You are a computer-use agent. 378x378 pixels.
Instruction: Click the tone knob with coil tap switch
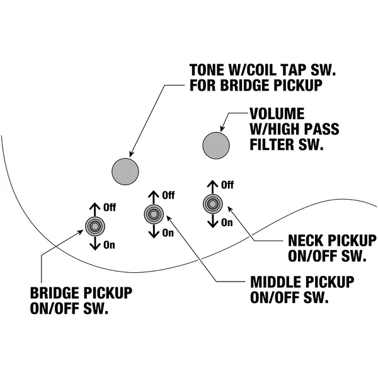coord(125,171)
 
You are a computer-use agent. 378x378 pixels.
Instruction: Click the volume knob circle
coord(215,146)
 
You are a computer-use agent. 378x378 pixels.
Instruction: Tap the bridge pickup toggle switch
coord(95,226)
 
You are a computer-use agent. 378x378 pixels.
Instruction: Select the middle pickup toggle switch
coord(154,214)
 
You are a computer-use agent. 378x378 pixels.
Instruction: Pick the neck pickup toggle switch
coord(213,204)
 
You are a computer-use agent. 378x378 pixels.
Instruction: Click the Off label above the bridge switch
coord(110,207)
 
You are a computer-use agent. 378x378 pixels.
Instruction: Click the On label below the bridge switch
coord(109,245)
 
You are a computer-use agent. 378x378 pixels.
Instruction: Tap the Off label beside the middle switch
coord(168,195)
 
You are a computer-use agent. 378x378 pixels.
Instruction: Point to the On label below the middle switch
coord(168,233)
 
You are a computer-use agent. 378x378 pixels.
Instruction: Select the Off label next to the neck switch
coord(227,185)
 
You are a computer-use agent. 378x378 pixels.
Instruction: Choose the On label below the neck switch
coord(227,222)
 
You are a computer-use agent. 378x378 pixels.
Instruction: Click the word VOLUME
coord(277,113)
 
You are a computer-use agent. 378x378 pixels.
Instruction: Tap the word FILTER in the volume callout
coord(272,145)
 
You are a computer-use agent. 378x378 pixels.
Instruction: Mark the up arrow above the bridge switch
coord(95,210)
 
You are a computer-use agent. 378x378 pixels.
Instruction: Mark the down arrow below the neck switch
coord(213,221)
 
